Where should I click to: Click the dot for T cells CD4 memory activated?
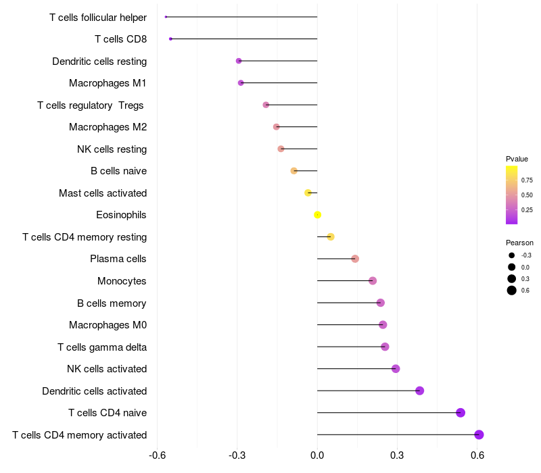(479, 434)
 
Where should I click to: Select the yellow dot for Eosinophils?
(317, 215)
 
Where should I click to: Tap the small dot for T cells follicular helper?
(166, 17)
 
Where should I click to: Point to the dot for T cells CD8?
(170, 39)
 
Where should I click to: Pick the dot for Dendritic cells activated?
(419, 391)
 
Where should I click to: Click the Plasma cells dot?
(355, 259)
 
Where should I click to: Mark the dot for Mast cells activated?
(308, 193)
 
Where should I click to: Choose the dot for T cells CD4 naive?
(461, 413)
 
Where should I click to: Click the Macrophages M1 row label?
(108, 83)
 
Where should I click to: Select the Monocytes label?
(122, 281)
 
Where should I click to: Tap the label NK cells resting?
(112, 149)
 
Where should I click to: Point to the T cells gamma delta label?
(102, 347)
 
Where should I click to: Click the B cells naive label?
(119, 171)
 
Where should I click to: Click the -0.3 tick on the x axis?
(237, 455)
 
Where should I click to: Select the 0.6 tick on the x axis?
(477, 455)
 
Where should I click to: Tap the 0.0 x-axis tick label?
(317, 455)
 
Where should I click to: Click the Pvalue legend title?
(517, 159)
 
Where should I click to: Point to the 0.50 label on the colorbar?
(527, 195)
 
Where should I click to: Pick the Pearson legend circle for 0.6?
(512, 291)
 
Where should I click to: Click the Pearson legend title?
(519, 243)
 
